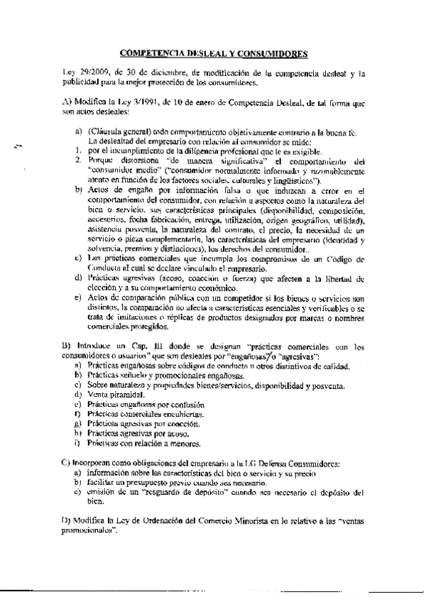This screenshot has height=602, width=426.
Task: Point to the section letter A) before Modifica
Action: [68, 103]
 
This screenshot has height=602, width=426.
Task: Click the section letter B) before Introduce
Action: [68, 346]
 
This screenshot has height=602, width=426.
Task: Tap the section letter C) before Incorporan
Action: [68, 463]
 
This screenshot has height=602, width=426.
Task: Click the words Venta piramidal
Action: [111, 394]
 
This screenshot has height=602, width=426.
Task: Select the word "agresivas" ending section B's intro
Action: [300, 355]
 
